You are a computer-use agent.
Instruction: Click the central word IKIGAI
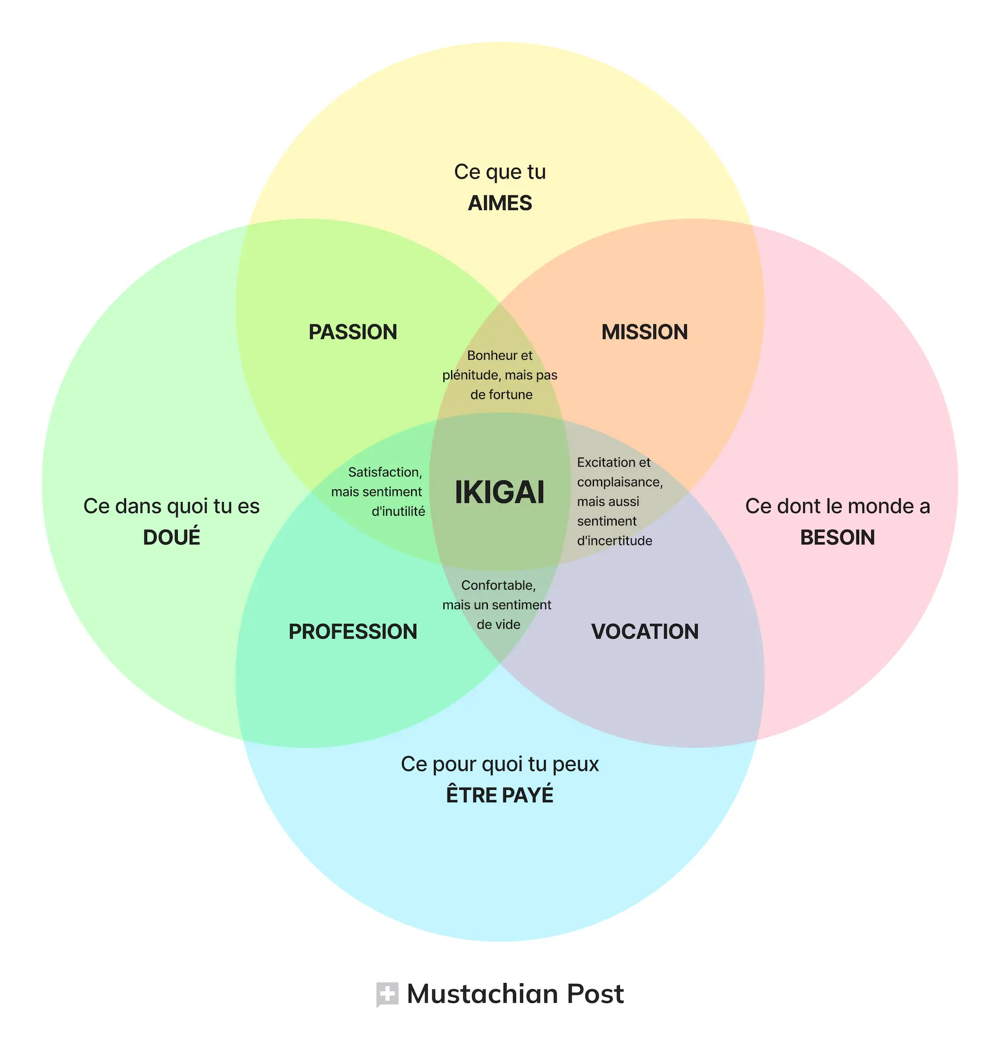tap(499, 492)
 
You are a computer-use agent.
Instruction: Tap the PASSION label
tap(353, 332)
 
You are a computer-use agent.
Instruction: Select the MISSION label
tap(644, 332)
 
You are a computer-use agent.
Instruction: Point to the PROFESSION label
tap(353, 631)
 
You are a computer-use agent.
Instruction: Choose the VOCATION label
tap(644, 631)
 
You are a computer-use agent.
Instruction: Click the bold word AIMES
tap(500, 203)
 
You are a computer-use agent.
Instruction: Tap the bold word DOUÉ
tap(172, 537)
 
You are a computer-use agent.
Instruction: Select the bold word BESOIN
tap(837, 538)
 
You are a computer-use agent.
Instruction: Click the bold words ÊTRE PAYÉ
tap(500, 794)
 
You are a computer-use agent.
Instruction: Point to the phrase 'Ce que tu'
tap(500, 172)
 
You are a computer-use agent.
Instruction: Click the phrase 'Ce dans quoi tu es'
tap(172, 506)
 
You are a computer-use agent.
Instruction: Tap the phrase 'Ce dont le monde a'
tap(837, 506)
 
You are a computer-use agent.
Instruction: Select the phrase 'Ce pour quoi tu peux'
tap(500, 764)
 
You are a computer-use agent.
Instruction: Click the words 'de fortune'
tap(501, 395)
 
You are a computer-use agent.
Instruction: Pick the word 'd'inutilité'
tap(398, 511)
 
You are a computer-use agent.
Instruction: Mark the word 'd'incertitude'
tap(614, 541)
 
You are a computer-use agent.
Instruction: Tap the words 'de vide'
tap(498, 625)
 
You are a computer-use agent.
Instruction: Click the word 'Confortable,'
tap(498, 586)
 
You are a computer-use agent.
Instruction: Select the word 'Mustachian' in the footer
tap(482, 994)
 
